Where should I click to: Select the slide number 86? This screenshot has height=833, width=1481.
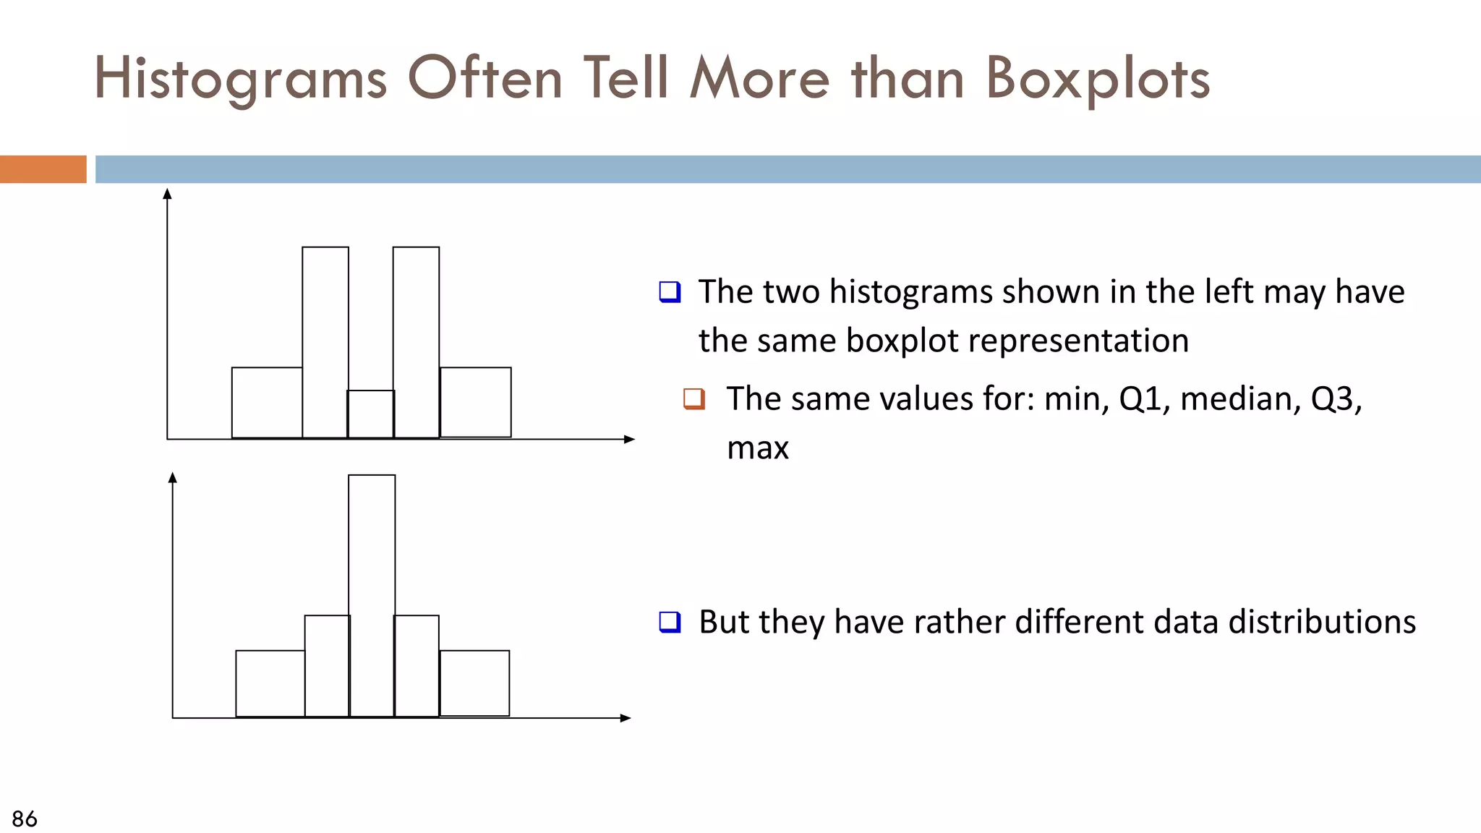pyautogui.click(x=25, y=819)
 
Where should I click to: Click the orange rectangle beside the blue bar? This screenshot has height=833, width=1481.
pyautogui.click(x=43, y=169)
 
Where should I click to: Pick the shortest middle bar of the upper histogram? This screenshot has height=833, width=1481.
pyautogui.click(x=371, y=414)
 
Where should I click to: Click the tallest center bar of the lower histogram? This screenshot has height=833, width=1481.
pyautogui.click(x=372, y=596)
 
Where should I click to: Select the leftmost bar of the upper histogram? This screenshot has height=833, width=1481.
pyautogui.click(x=267, y=403)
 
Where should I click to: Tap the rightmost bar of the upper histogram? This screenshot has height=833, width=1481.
pyautogui.click(x=475, y=402)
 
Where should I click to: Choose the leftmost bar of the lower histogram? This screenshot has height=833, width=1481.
pyautogui.click(x=270, y=683)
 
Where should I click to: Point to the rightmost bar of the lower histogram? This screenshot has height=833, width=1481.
pyautogui.click(x=474, y=683)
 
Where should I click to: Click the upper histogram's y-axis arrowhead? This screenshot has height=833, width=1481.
pyautogui.click(x=167, y=194)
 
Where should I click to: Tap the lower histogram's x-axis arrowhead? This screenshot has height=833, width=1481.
pyautogui.click(x=626, y=718)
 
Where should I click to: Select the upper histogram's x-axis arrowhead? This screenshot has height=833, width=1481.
pyautogui.click(x=629, y=439)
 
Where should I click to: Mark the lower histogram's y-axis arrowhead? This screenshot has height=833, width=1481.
pyautogui.click(x=172, y=477)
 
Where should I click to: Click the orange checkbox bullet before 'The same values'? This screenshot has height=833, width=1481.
pyautogui.click(x=694, y=398)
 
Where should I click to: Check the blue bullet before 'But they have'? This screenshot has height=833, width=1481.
pyautogui.click(x=670, y=622)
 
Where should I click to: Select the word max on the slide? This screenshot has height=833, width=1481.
pyautogui.click(x=757, y=448)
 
